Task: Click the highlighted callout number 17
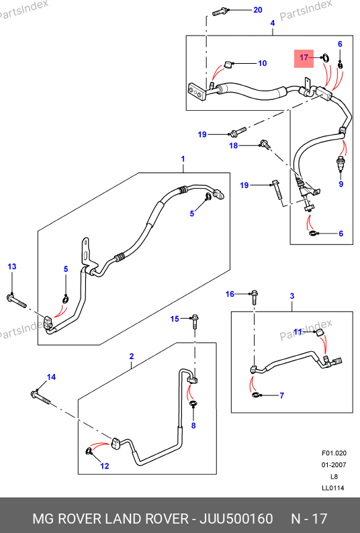point(304,58)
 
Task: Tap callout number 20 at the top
point(258,10)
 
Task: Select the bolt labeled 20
point(220,12)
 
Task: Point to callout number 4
point(273,23)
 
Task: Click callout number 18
point(234,146)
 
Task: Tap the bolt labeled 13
point(16,301)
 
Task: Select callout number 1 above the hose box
point(183,158)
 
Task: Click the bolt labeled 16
point(254,298)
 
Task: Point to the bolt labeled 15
point(195,322)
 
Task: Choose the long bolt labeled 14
point(41,397)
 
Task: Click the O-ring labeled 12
point(89,451)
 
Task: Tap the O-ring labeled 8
point(193,404)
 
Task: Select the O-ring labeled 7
point(256,395)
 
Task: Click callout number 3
point(292,296)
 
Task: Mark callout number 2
point(132,356)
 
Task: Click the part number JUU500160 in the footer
point(236,519)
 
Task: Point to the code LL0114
point(333,488)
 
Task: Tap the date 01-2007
point(334,465)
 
